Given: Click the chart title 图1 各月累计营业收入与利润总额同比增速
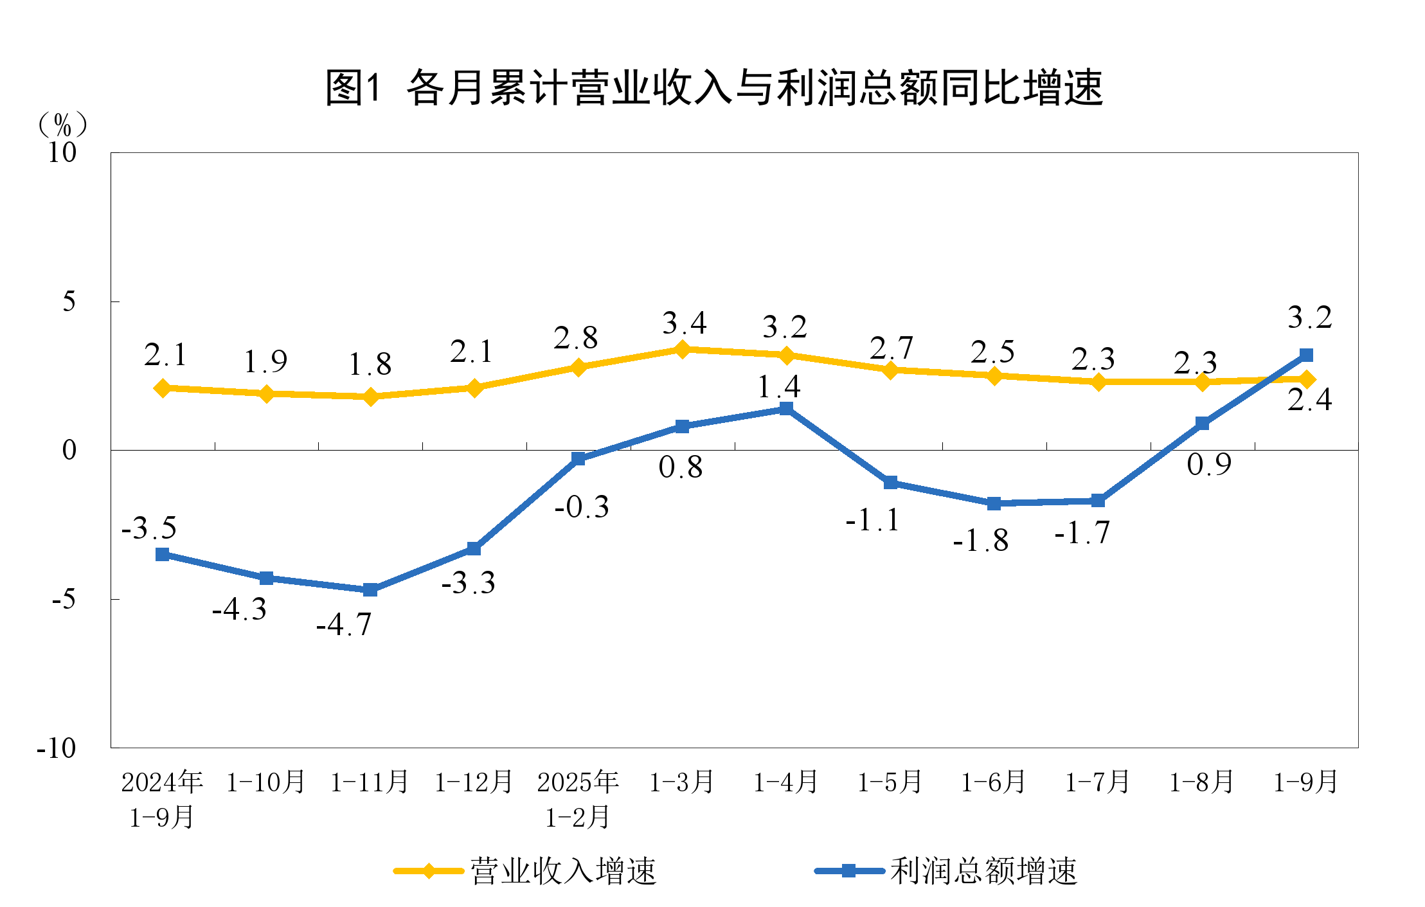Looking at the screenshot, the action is click(x=713, y=87).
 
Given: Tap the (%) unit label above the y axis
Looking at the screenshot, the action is click(x=62, y=125).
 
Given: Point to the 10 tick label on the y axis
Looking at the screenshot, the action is click(x=62, y=152).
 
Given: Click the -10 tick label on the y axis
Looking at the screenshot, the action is click(x=57, y=748).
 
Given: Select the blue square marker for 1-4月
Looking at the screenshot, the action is click(x=786, y=409).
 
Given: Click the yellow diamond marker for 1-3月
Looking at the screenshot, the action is click(x=682, y=349).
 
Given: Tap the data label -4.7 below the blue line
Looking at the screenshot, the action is click(x=344, y=624).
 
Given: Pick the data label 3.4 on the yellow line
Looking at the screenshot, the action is click(x=684, y=323).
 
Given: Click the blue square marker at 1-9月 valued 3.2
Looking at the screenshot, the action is click(x=1306, y=355).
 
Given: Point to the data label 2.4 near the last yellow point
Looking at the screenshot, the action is click(x=1309, y=400).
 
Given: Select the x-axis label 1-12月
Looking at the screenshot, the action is click(x=474, y=782).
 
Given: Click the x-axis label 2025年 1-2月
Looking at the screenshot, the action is click(x=578, y=799).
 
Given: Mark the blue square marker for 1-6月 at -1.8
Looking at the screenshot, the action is click(x=994, y=503).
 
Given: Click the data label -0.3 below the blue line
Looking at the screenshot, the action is click(x=582, y=507).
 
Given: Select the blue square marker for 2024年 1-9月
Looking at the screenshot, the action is click(x=163, y=554).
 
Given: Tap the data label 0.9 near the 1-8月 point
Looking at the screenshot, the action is click(x=1209, y=464).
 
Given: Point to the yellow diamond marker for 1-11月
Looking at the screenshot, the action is click(x=370, y=397).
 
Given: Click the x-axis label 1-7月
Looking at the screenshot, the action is click(x=1098, y=782).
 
